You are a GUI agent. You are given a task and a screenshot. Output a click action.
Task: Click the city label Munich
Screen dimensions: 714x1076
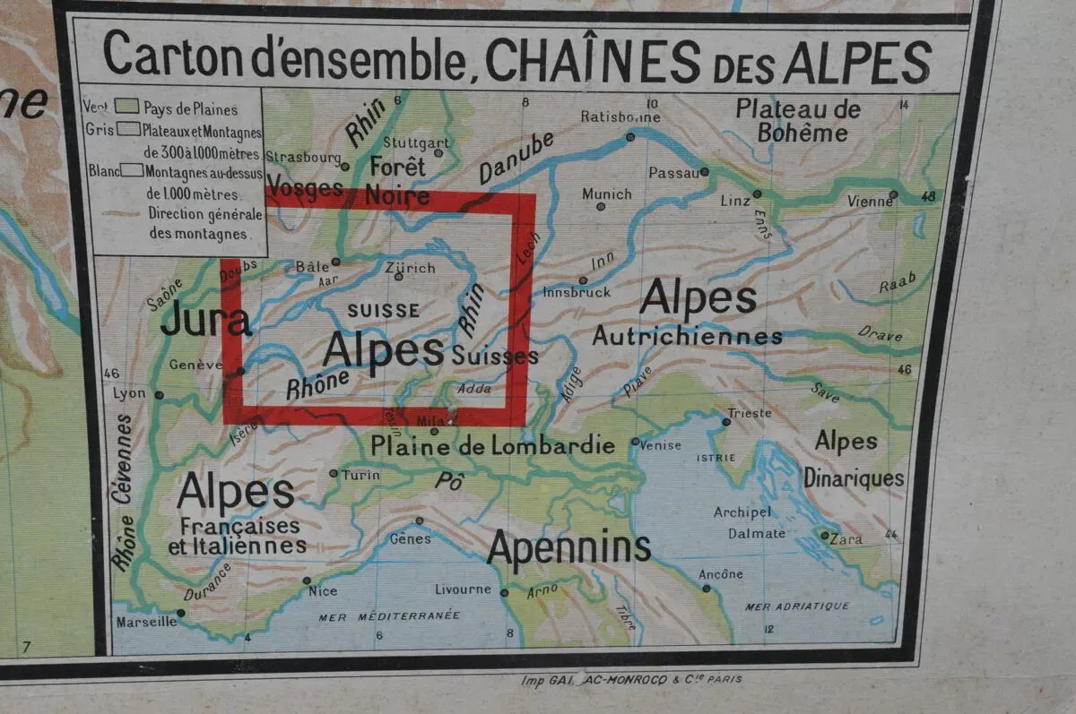coord(607,194)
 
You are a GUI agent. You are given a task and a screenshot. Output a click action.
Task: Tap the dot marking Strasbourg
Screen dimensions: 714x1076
coord(344,166)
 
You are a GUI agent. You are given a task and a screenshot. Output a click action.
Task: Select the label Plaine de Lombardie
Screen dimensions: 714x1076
coord(493,445)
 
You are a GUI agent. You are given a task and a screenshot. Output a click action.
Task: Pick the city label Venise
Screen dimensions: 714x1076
coord(661,445)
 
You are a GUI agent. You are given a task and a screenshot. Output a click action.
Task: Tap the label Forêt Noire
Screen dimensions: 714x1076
coord(395,181)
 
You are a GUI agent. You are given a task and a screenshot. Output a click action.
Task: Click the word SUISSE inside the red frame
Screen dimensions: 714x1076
coord(383,311)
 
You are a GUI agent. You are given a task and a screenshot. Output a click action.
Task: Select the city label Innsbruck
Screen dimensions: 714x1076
coord(577,292)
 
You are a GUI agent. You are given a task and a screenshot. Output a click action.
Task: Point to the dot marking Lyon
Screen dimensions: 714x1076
coord(159,394)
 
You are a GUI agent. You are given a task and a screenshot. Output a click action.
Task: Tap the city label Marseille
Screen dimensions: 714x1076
coord(146,621)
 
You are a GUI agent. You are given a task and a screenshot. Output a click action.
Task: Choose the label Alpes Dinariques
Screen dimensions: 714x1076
coord(852,460)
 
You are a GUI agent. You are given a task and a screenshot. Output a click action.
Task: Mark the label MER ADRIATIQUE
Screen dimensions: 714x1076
coord(797,606)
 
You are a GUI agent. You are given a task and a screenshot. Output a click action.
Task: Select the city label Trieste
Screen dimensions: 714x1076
coord(749,413)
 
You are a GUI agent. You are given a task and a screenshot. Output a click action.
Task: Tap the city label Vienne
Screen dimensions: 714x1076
coord(870,202)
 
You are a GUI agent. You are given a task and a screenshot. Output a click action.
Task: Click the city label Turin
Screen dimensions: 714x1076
coord(361,475)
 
